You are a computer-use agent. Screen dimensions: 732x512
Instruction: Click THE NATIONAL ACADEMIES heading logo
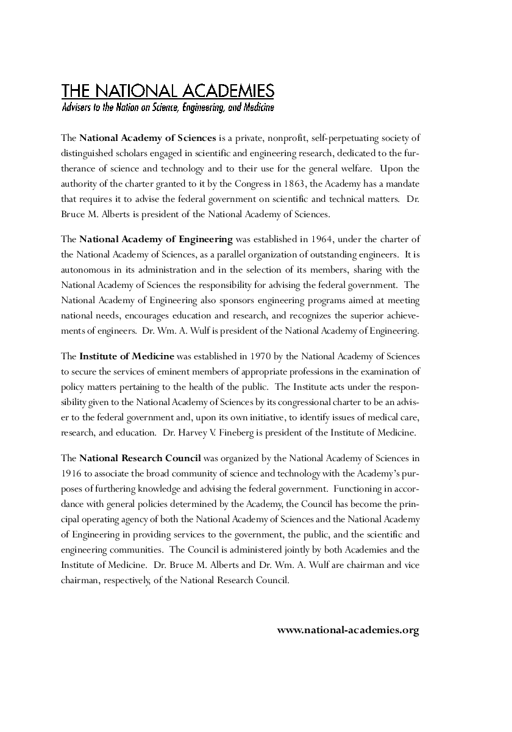tap(168, 91)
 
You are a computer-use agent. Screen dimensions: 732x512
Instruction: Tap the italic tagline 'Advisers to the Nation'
tap(168, 108)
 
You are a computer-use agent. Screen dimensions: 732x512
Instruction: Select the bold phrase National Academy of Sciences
tap(148, 138)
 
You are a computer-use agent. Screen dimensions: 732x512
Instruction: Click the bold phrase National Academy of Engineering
tap(156, 239)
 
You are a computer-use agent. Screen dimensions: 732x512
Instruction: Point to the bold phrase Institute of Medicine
tap(127, 356)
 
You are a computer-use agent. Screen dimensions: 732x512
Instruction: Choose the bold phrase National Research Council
tap(140, 457)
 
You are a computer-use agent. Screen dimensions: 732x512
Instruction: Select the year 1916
tap(72, 473)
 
